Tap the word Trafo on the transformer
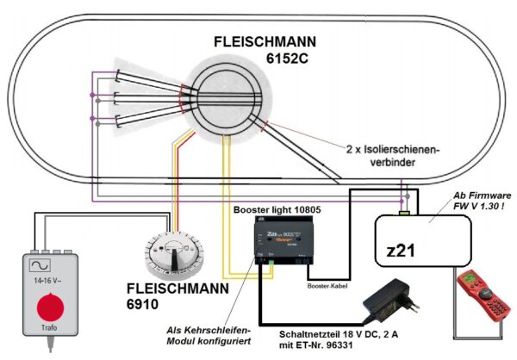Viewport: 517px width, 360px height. coord(50,338)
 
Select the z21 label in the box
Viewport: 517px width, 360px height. coord(402,252)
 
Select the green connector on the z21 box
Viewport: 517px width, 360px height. coord(404,211)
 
